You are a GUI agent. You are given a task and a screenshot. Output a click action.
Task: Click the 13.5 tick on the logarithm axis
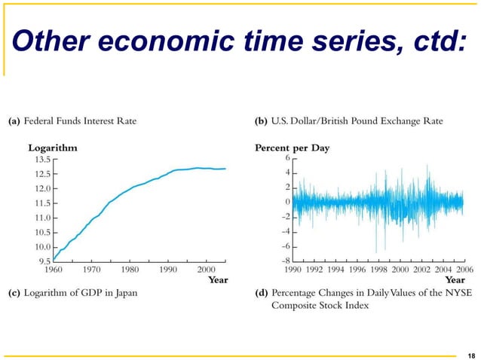pyautogui.click(x=41, y=160)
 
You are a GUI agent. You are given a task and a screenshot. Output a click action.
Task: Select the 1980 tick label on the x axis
pyautogui.click(x=130, y=268)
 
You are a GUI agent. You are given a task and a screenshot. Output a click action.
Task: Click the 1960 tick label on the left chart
pyautogui.click(x=54, y=268)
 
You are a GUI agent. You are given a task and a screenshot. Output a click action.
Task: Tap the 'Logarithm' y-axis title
pyautogui.click(x=53, y=148)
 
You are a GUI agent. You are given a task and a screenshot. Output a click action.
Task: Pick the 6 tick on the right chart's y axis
pyautogui.click(x=287, y=159)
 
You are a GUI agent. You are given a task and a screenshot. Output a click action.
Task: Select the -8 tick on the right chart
pyautogui.click(x=286, y=261)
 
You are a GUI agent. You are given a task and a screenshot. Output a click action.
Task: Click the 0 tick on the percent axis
pyautogui.click(x=287, y=202)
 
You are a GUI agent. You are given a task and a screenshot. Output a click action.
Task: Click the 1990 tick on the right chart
pyautogui.click(x=294, y=268)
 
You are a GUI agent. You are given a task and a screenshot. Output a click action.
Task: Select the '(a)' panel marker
pyautogui.click(x=14, y=120)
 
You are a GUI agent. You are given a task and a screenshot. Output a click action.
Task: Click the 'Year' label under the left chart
pyautogui.click(x=218, y=279)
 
